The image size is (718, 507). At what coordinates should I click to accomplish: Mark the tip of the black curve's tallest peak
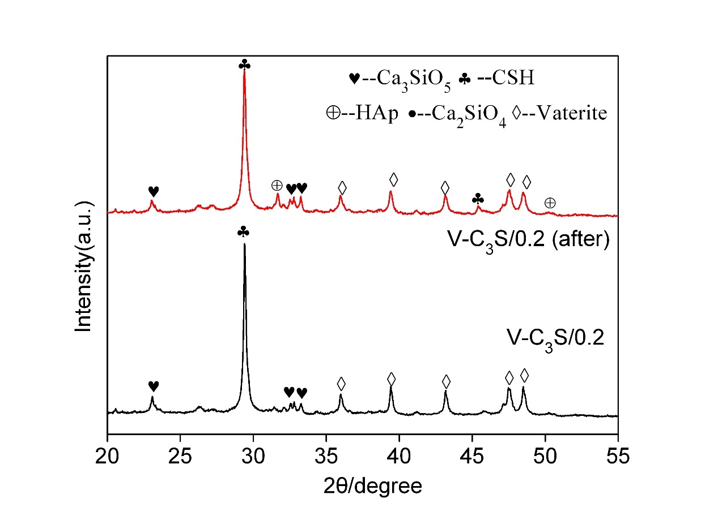click(x=244, y=244)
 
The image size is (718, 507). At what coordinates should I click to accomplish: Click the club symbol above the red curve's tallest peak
click(x=244, y=64)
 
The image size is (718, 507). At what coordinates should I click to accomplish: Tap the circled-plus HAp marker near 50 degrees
click(x=550, y=203)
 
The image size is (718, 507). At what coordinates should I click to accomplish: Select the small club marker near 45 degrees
click(x=478, y=199)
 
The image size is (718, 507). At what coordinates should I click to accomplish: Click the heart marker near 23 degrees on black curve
click(x=153, y=386)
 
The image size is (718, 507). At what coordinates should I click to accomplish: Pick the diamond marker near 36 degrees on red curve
click(x=342, y=187)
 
